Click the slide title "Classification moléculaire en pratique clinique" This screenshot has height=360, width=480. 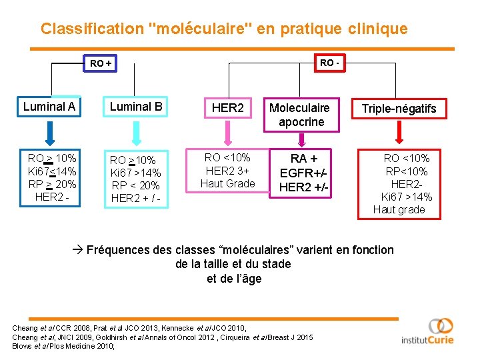click(x=223, y=29)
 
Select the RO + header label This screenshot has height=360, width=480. click(x=101, y=63)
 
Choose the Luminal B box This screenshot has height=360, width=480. click(x=136, y=106)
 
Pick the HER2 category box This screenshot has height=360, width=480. click(x=228, y=107)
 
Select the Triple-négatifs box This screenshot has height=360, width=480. click(x=399, y=108)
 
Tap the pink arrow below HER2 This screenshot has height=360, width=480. click(x=227, y=135)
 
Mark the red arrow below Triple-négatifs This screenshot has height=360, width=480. click(x=399, y=135)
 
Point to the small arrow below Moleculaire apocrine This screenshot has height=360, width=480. click(x=301, y=139)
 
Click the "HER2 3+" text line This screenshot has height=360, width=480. click(x=227, y=171)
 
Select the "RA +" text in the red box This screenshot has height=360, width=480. click(x=303, y=159)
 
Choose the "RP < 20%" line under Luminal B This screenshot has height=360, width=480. click(x=135, y=185)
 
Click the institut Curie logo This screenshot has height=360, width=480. click(x=427, y=331)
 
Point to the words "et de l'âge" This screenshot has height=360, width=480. click(x=234, y=279)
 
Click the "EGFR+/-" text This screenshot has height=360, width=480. click(x=303, y=173)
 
